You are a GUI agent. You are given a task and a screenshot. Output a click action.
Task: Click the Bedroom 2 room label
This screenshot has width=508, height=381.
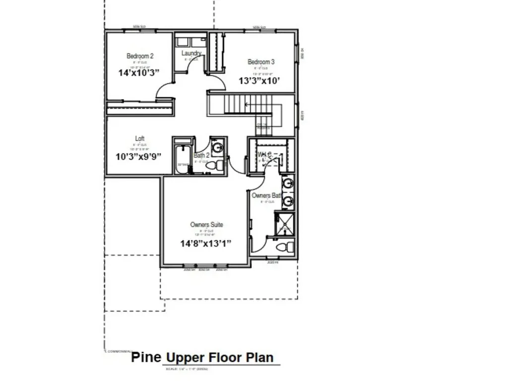pos(140,56)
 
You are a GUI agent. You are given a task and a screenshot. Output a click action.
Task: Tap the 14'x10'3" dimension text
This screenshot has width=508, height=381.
pos(139,72)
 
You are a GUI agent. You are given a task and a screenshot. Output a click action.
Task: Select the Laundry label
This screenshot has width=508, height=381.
pos(191,53)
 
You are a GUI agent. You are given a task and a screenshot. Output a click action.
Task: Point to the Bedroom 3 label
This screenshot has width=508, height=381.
pos(261,62)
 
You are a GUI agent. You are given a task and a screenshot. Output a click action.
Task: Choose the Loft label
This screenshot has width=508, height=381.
pos(140,139)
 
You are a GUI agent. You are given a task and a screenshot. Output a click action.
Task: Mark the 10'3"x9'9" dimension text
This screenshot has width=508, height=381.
pos(138,156)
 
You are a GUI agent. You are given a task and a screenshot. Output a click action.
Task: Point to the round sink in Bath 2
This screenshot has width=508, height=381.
pos(217,147)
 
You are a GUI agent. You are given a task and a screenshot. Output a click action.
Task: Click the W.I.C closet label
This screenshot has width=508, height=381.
pos(264,155)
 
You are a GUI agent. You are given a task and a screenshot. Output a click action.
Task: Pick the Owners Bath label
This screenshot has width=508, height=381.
pos(267,195)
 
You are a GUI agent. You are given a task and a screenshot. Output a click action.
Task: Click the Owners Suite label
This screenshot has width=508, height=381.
pos(206,225)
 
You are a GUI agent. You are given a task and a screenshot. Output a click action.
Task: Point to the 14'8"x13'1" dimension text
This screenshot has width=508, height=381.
pos(206,243)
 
